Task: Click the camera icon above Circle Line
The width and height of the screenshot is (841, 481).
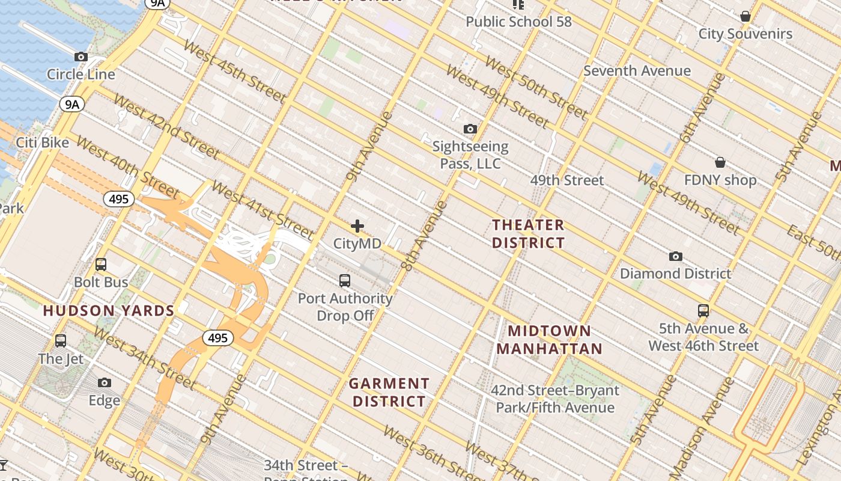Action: [81, 57]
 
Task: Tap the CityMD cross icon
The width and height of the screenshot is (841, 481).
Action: [357, 226]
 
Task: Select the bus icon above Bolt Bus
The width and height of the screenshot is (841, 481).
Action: [101, 265]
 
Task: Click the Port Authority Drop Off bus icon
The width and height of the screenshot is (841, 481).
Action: [345, 281]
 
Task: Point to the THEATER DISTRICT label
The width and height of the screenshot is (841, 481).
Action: [528, 234]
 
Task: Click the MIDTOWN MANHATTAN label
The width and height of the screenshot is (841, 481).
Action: [549, 340]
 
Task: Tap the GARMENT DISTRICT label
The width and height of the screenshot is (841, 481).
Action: [389, 392]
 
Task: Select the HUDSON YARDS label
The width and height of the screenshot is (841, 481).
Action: [109, 311]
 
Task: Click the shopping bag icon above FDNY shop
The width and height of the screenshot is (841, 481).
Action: [720, 162]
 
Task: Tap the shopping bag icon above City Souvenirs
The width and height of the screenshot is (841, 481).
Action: [745, 16]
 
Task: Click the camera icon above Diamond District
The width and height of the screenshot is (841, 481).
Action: [675, 257]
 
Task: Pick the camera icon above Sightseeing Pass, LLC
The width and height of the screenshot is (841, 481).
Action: [470, 129]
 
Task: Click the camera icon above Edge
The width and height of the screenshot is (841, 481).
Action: [105, 383]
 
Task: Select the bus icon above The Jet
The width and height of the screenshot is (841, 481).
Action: [61, 341]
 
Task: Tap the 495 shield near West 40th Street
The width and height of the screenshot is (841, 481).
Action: [118, 199]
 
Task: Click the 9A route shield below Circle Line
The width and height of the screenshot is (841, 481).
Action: [71, 105]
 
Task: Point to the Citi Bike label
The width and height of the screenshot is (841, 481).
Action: [42, 143]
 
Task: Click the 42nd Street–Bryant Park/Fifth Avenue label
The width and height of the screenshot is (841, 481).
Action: [554, 399]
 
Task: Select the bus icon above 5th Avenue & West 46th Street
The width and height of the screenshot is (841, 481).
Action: [703, 311]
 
